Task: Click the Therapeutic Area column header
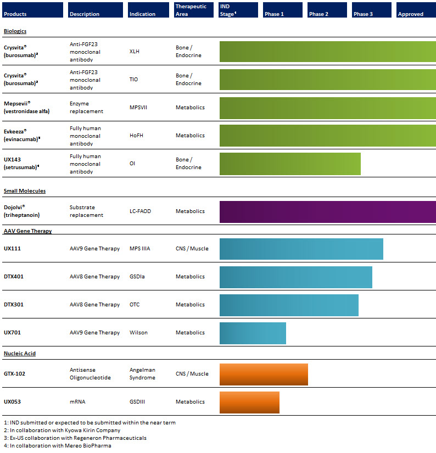pyautogui.click(x=194, y=10)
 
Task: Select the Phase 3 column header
pyautogui.click(x=371, y=10)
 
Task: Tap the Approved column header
pyautogui.click(x=416, y=10)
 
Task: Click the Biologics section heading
pyautogui.click(x=15, y=31)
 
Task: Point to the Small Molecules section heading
pyautogui.click(x=25, y=191)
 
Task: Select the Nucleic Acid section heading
pyautogui.click(x=20, y=353)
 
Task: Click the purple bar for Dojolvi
pyautogui.click(x=328, y=212)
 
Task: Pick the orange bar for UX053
pyautogui.click(x=249, y=402)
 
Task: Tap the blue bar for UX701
pyautogui.click(x=253, y=333)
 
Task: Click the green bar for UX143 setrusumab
pyautogui.click(x=290, y=164)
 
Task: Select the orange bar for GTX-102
pyautogui.click(x=264, y=374)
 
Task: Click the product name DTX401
pyautogui.click(x=14, y=277)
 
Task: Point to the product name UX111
pyautogui.click(x=12, y=248)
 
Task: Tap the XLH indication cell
pyautogui.click(x=135, y=52)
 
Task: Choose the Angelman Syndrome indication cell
pyautogui.click(x=142, y=373)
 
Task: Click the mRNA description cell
pyautogui.click(x=77, y=401)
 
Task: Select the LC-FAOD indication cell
pyautogui.click(x=140, y=211)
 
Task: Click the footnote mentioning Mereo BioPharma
pyautogui.click(x=58, y=445)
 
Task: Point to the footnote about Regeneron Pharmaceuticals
pyautogui.click(x=75, y=438)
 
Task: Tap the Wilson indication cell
pyautogui.click(x=138, y=333)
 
